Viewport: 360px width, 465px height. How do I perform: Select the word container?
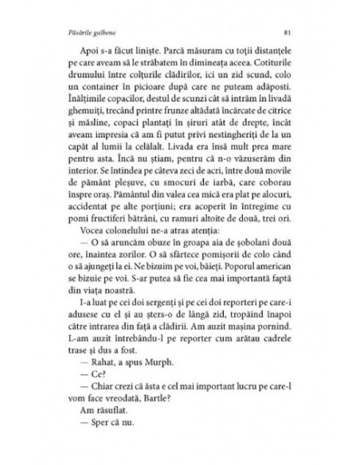point(128,87)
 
